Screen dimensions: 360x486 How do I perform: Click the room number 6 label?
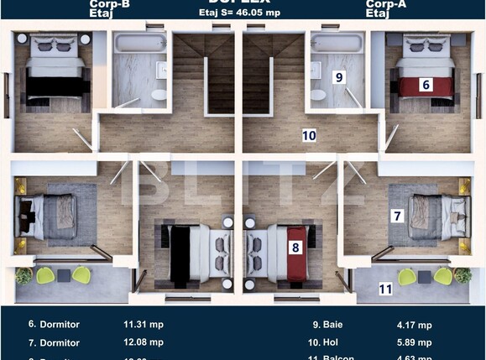coord(426,84)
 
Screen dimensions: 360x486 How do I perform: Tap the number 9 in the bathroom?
coord(340,77)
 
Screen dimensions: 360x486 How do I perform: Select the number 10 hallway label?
coord(309,134)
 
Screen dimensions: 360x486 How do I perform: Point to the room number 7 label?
coord(397,216)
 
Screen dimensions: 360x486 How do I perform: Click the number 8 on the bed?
coord(295,248)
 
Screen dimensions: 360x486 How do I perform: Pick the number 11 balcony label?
coord(385,290)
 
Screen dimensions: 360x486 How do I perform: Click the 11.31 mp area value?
coord(143,324)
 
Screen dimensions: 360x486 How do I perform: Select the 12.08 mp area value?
coord(143,342)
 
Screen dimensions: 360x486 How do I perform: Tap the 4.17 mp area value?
coord(414,325)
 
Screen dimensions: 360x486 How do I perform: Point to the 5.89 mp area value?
coord(414,342)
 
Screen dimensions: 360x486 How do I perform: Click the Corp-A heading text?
coord(385,5)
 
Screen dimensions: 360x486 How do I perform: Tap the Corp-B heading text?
coord(108,5)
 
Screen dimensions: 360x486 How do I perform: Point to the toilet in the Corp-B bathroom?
coord(159,95)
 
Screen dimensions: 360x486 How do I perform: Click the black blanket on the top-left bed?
coord(56,86)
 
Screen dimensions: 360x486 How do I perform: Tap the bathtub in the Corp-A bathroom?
coord(337,43)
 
